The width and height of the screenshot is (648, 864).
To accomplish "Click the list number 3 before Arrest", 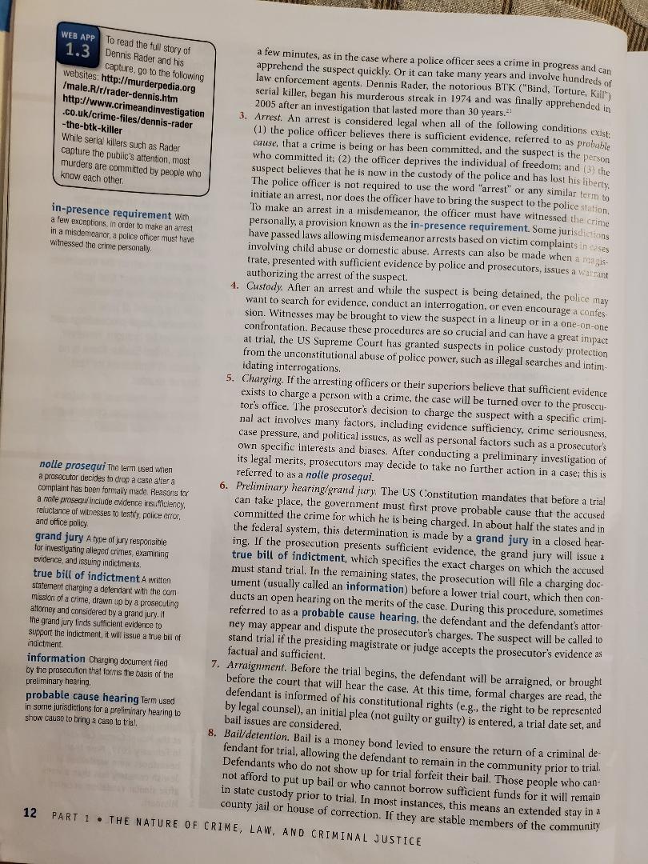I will (242, 116).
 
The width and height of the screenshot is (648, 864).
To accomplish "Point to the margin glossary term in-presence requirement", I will (110, 214).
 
